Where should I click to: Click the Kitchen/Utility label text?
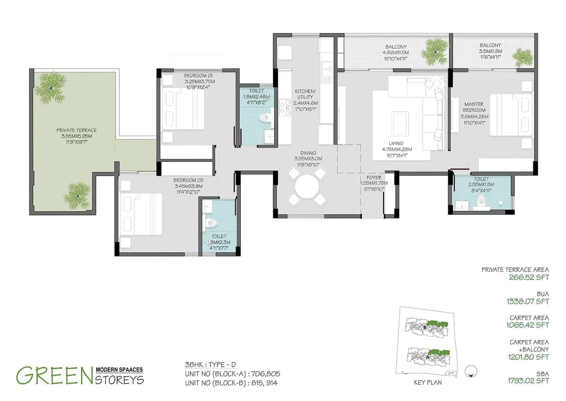[x=305, y=94]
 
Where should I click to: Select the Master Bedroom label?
[x=474, y=107]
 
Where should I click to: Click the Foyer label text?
[x=374, y=178]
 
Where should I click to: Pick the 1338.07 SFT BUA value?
[x=527, y=301]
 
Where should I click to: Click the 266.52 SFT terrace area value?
[x=529, y=277]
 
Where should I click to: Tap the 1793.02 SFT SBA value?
[x=528, y=381]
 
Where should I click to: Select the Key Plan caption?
[x=428, y=383]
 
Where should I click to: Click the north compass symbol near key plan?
[x=472, y=371]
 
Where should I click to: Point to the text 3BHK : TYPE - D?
[x=210, y=365]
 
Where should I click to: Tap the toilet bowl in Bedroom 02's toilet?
[x=212, y=223]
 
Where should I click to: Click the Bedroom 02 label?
[x=188, y=180]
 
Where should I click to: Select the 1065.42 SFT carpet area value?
[x=527, y=325]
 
